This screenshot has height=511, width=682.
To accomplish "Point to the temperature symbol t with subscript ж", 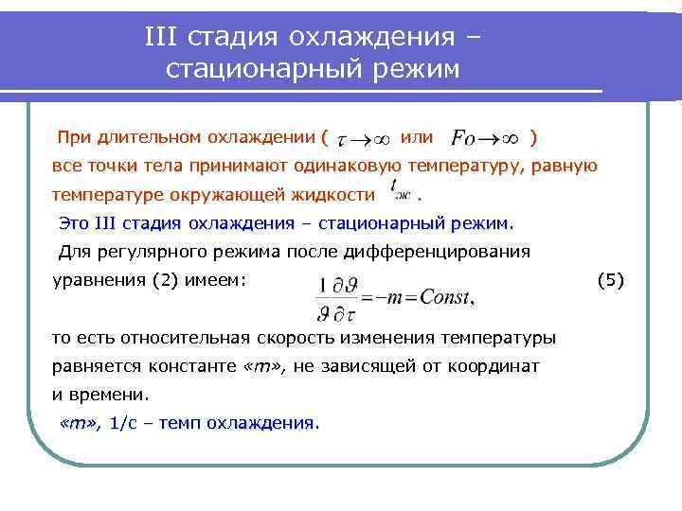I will (401, 194).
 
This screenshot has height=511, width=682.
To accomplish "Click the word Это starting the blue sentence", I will (75, 224).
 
